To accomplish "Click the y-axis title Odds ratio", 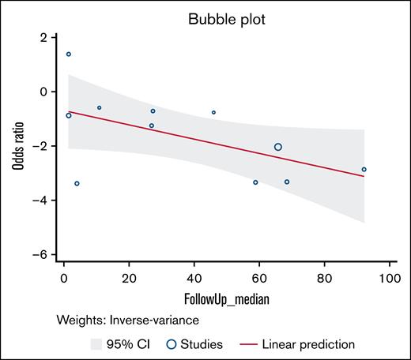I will [17, 147].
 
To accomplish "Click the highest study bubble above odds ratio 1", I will [69, 54].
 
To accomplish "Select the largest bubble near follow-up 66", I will [278, 147].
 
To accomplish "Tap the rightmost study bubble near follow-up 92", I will [364, 169].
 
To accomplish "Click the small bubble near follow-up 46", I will [213, 112].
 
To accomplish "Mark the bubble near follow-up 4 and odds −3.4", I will [77, 183].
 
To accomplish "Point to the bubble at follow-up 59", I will [255, 182].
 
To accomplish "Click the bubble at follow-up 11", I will [100, 107].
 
